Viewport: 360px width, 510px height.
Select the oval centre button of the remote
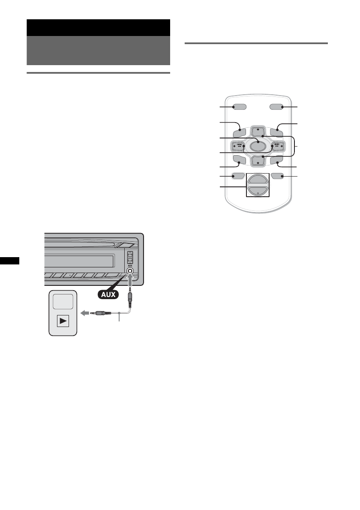[x=258, y=145]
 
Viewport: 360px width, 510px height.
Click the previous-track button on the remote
[x=239, y=145]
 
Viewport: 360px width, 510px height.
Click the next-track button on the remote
[x=276, y=145]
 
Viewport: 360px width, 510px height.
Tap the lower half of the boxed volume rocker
[x=258, y=192]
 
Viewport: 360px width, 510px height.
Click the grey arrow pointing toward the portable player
[x=85, y=313]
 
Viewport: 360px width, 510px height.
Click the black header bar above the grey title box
[x=98, y=27]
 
